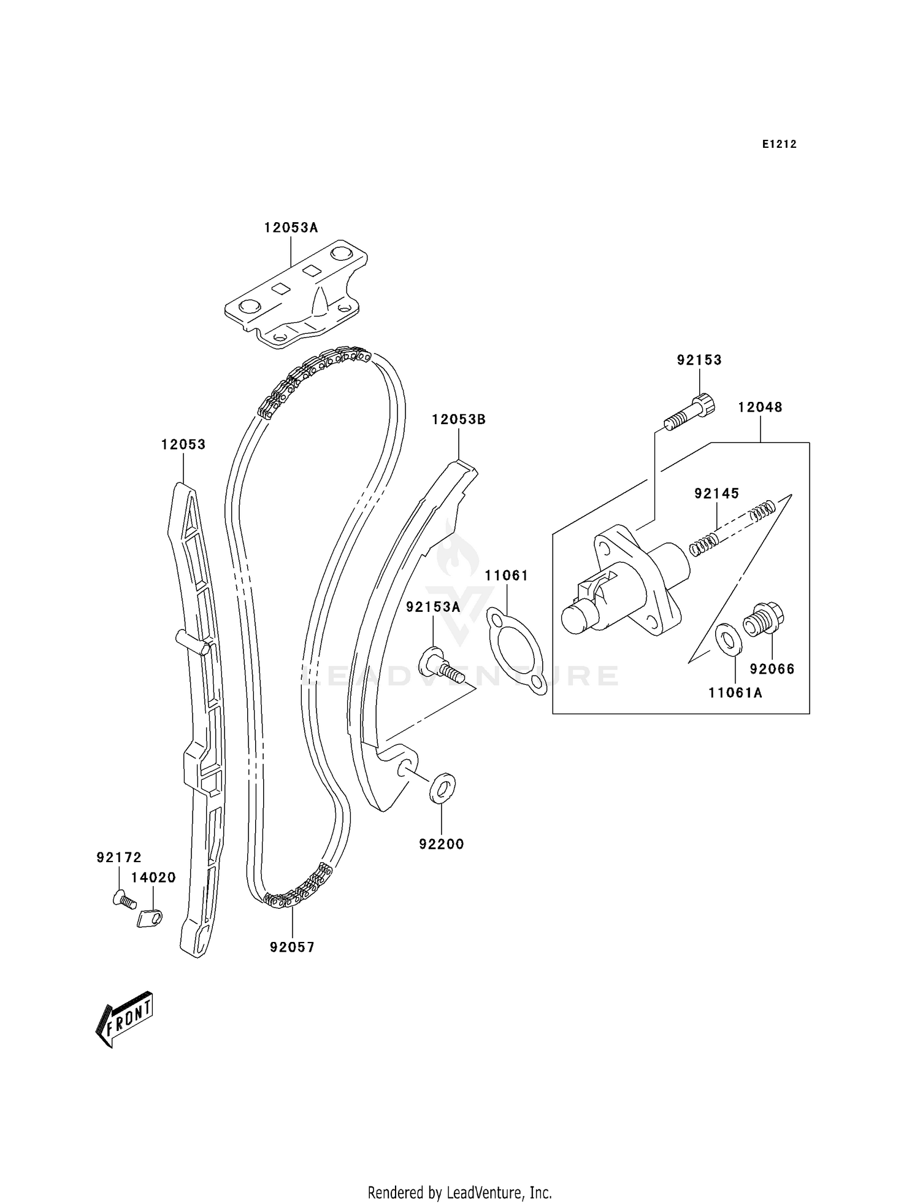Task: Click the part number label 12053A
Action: click(x=291, y=228)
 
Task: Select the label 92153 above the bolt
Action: click(x=699, y=360)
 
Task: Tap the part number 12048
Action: click(x=760, y=407)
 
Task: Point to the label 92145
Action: click(x=716, y=493)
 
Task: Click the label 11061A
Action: click(x=735, y=693)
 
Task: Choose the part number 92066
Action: click(x=772, y=669)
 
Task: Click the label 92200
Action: click(x=442, y=844)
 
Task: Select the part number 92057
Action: click(x=292, y=947)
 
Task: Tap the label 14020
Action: click(x=153, y=878)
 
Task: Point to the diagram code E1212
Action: click(x=779, y=144)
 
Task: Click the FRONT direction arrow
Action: click(x=125, y=1019)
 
